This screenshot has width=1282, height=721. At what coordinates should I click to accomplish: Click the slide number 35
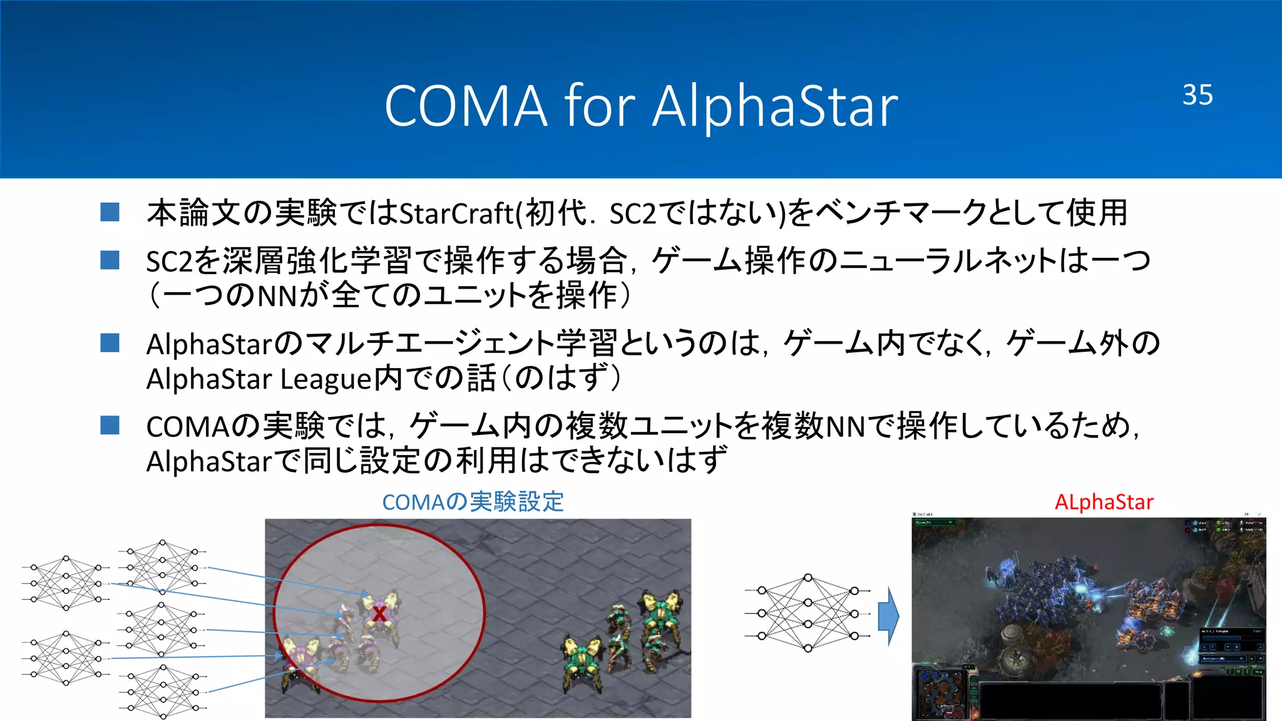point(1197,95)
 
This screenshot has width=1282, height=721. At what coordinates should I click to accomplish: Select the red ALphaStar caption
point(1104,502)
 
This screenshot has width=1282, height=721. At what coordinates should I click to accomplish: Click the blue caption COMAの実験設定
point(473,502)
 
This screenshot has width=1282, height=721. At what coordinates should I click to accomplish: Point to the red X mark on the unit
point(379,613)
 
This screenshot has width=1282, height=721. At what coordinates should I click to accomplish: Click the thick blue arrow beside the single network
point(888,616)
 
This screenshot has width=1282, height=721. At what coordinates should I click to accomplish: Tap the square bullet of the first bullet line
point(110,212)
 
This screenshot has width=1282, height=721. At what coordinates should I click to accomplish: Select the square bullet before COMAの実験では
point(110,426)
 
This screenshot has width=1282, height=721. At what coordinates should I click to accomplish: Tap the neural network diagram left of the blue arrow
point(808,613)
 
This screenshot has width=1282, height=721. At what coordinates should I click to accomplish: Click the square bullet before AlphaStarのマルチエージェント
point(110,343)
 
